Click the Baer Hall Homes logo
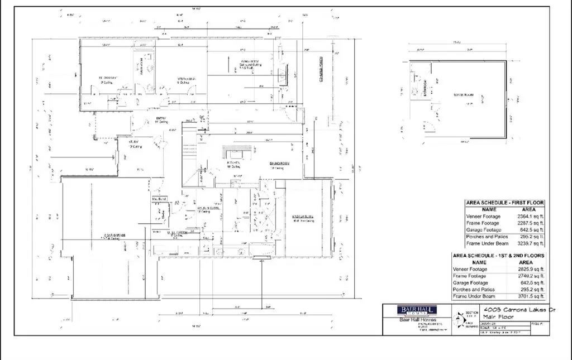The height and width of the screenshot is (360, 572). click(x=416, y=311)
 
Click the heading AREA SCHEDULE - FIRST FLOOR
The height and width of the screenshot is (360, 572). click(x=504, y=203)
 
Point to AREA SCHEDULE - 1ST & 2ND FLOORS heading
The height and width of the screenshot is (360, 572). click(x=498, y=256)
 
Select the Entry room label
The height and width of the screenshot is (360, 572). click(x=162, y=118)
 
